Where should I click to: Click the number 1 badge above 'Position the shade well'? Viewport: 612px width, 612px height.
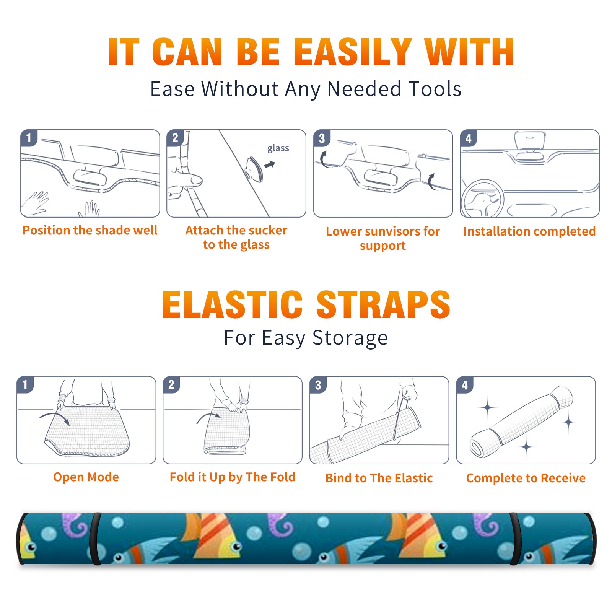pyautogui.click(x=29, y=138)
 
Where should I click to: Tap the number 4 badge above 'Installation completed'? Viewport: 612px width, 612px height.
pyautogui.click(x=469, y=138)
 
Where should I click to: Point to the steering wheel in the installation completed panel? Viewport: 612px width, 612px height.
pyautogui.click(x=482, y=199)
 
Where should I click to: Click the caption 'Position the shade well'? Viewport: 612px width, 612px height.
pyautogui.click(x=90, y=230)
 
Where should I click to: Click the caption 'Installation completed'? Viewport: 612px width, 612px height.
pyautogui.click(x=529, y=231)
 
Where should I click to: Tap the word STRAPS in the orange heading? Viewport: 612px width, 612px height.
pyautogui.click(x=383, y=304)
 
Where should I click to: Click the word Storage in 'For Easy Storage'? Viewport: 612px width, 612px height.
pyautogui.click(x=350, y=339)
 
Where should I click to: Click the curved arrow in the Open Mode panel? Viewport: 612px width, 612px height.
pyautogui.click(x=55, y=417)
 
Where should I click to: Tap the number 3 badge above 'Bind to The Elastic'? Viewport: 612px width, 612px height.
pyautogui.click(x=318, y=385)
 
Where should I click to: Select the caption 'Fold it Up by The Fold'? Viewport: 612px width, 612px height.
pyautogui.click(x=233, y=477)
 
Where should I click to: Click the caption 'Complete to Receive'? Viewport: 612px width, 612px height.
pyautogui.click(x=526, y=478)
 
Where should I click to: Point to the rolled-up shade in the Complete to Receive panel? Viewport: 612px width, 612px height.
pyautogui.click(x=522, y=422)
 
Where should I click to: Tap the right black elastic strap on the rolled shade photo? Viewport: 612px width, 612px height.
pyautogui.click(x=515, y=539)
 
